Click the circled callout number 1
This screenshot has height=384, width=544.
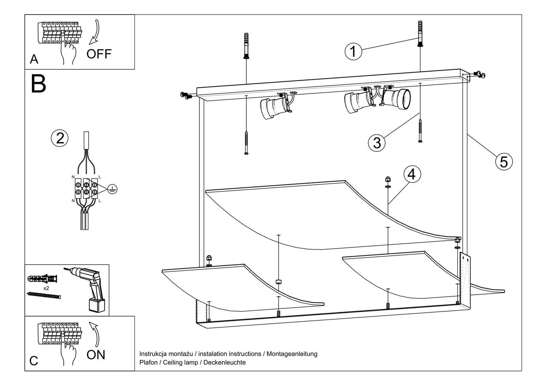(353, 51)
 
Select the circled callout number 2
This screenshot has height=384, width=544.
(60, 138)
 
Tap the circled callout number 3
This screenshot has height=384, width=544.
(377, 143)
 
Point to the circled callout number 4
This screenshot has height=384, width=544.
(411, 174)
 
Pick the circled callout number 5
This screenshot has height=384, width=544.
(504, 161)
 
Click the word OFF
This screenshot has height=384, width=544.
(99, 54)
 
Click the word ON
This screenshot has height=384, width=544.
(96, 355)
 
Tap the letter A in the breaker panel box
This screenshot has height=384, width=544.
(34, 59)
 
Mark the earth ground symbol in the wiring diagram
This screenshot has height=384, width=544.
(112, 189)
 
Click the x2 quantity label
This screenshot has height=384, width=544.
(46, 288)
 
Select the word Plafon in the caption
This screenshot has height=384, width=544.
(148, 363)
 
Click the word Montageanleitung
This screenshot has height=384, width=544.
(292, 354)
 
